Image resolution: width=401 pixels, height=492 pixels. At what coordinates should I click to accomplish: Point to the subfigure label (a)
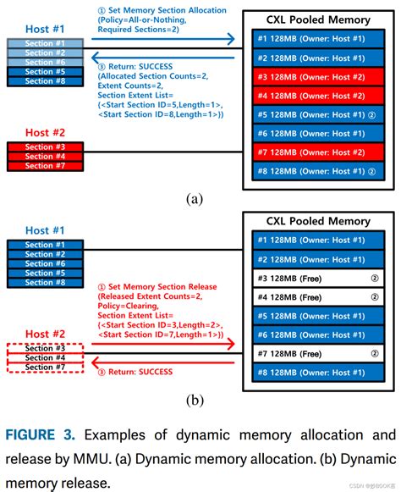195,200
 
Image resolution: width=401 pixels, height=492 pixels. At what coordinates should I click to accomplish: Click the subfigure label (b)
195,401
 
